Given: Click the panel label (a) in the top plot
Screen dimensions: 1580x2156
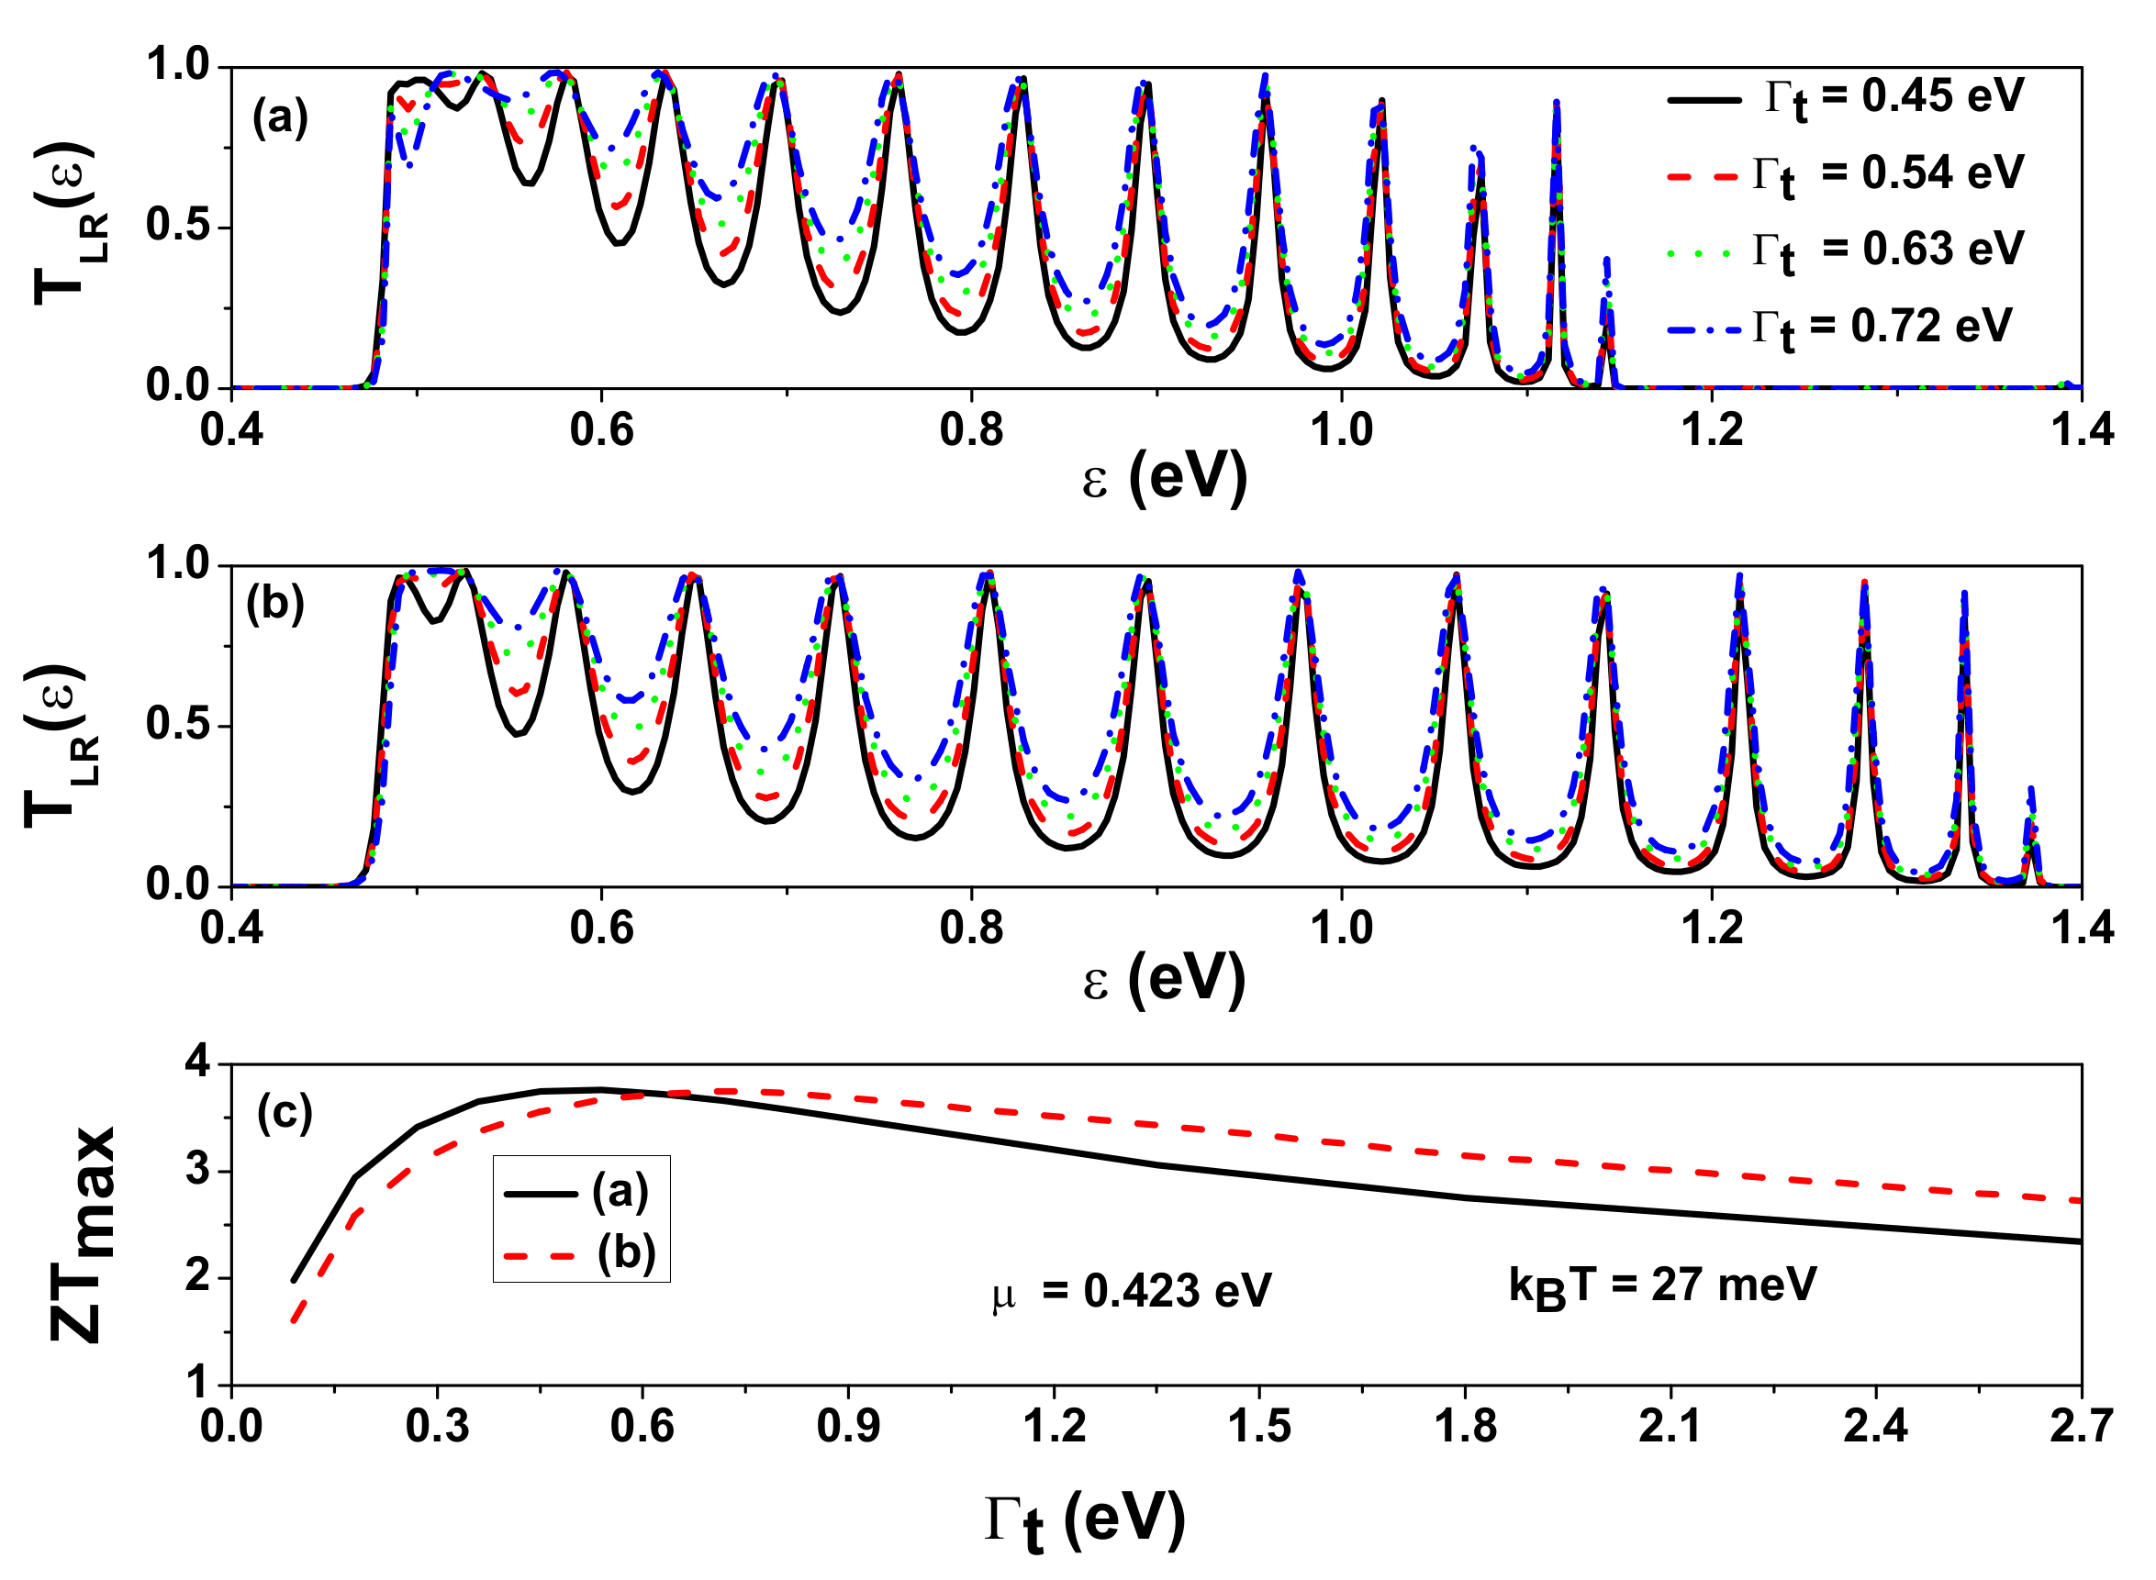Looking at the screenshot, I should [x=280, y=118].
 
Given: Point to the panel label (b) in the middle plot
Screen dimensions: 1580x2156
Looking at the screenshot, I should [x=275, y=605].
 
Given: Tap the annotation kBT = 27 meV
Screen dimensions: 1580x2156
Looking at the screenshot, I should [x=1662, y=1286].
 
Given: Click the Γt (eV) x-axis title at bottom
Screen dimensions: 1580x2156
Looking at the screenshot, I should [x=1085, y=1520].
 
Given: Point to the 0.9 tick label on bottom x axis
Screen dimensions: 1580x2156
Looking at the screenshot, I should [x=847, y=1427].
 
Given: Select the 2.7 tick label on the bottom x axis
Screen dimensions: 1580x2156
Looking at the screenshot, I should [x=2080, y=1427].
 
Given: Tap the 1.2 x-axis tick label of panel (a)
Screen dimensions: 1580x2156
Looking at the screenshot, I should [x=1712, y=430].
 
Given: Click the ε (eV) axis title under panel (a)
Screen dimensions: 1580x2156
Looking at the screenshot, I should [x=1164, y=478].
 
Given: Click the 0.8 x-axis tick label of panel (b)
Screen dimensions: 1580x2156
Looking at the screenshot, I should [x=971, y=929].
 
